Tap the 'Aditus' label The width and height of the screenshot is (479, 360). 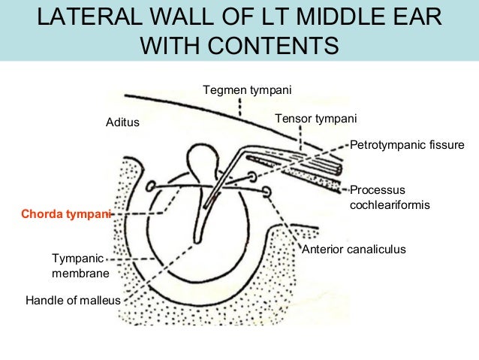coord(122,122)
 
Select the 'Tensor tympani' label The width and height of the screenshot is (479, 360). coord(315,119)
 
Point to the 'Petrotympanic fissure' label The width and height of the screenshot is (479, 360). coord(408,144)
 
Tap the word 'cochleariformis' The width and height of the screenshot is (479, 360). coord(390,204)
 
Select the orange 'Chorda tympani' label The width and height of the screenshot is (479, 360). coord(66,214)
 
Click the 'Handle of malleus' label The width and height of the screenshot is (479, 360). coord(73,301)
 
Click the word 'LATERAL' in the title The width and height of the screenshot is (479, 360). coord(92,17)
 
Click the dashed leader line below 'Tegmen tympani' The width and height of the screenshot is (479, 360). coord(239,107)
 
